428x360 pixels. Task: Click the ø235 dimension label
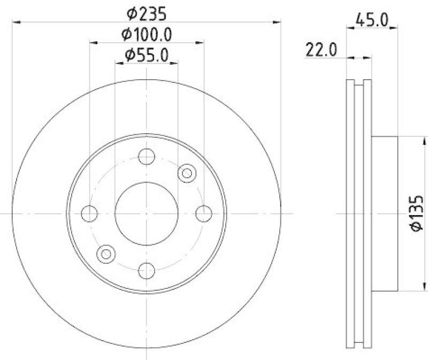click(146, 11)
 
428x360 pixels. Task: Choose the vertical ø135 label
click(417, 213)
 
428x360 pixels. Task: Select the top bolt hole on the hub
click(146, 156)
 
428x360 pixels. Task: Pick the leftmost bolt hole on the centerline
click(89, 213)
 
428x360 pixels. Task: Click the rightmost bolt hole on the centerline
click(203, 213)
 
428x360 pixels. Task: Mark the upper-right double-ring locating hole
click(187, 173)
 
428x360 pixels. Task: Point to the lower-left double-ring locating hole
click(106, 254)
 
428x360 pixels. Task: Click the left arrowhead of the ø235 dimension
click(14, 22)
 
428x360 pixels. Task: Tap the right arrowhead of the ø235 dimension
click(277, 22)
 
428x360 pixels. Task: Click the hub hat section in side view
click(385, 213)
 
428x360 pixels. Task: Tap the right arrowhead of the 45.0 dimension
click(395, 28)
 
